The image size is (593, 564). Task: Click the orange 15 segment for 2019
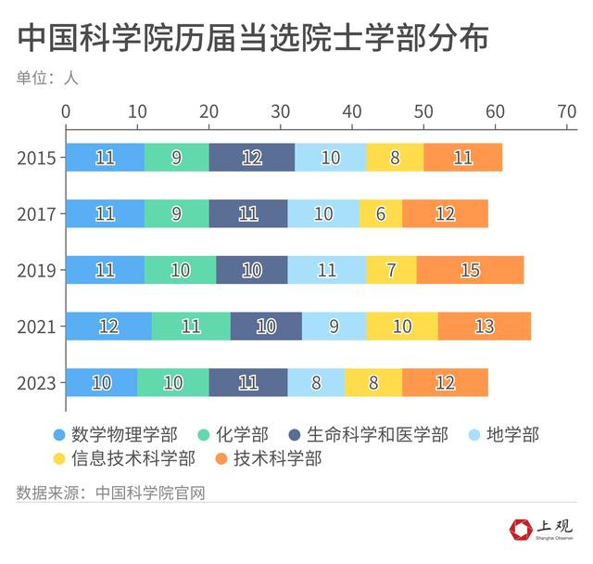pos(470,270)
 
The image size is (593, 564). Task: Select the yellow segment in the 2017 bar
pos(381,214)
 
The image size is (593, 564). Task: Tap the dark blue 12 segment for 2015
pos(252,158)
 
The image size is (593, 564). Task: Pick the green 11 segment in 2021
pos(191,327)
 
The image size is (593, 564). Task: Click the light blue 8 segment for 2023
pos(316,382)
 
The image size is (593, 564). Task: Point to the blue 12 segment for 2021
pos(108,327)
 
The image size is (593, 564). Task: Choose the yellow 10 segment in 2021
pos(402,327)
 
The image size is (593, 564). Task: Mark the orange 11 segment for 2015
pos(463,158)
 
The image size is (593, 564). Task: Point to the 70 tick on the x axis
pos(566,111)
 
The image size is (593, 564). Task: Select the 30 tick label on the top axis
pos(281,111)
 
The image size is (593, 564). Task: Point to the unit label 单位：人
pos(47,78)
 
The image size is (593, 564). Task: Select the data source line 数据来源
pos(110,492)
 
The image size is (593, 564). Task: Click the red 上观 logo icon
pos(522,530)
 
